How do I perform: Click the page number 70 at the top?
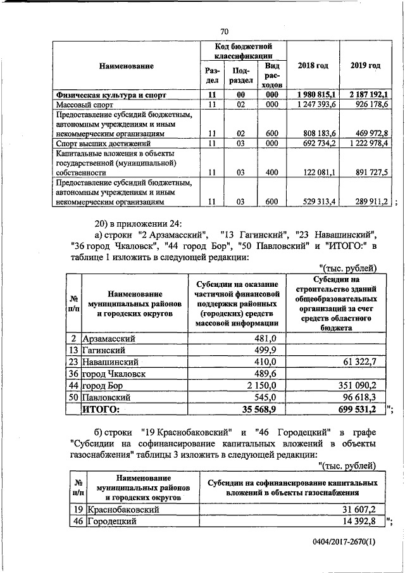pos(225,32)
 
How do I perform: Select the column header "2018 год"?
pos(313,65)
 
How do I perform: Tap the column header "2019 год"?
pos(365,65)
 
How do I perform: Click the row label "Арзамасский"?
pos(109,338)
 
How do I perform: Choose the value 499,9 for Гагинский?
pos(265,349)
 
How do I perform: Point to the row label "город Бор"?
pos(105,386)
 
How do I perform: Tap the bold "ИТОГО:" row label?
pos(102,410)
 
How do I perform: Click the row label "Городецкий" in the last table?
pos(107,521)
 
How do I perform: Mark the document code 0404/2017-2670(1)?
pos(344,542)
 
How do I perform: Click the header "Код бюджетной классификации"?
pos(244,51)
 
